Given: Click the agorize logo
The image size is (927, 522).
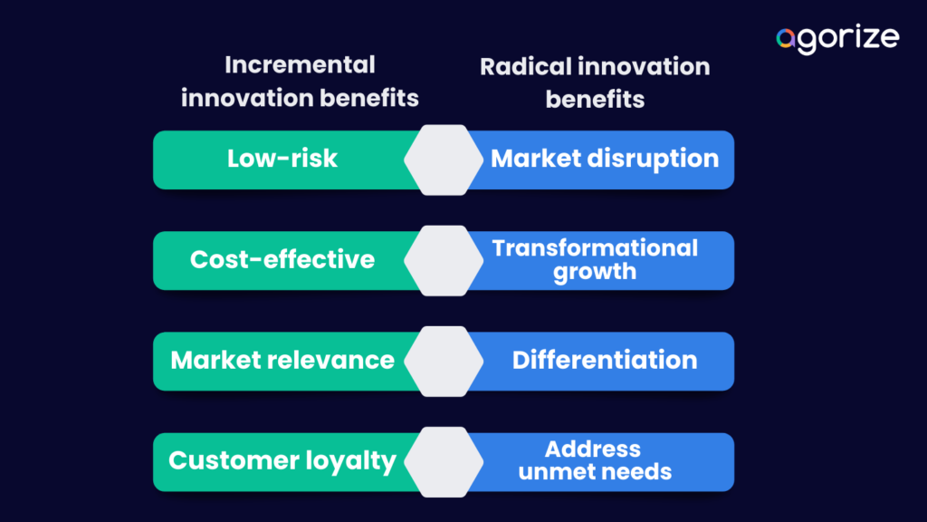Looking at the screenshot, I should pos(837,39).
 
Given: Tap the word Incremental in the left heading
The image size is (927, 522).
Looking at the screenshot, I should pos(300,65).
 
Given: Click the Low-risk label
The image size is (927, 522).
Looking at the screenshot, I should pos(282,159).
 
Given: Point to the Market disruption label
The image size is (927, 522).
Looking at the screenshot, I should pos(605,159).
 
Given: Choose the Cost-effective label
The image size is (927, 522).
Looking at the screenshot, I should pos(282,259).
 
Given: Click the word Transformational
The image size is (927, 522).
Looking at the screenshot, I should pos(595,248).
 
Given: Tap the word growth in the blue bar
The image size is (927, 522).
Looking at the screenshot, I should pos(595,271).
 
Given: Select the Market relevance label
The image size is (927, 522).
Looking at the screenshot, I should pos(282,360).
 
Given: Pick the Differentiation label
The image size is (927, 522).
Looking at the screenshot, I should pos(605,360).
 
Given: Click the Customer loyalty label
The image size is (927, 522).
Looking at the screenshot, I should pos(282,460).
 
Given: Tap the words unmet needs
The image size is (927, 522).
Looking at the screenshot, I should pos(595,471).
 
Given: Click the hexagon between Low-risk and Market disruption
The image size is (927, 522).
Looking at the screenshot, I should pos(444,159).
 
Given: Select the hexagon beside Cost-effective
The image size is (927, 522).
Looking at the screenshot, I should pos(444,260).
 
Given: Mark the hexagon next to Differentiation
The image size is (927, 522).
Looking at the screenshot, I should pos(444,361).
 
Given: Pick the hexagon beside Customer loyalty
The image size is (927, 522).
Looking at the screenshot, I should pos(444,461).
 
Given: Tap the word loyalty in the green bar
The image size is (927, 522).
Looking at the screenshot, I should pos(349,460).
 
